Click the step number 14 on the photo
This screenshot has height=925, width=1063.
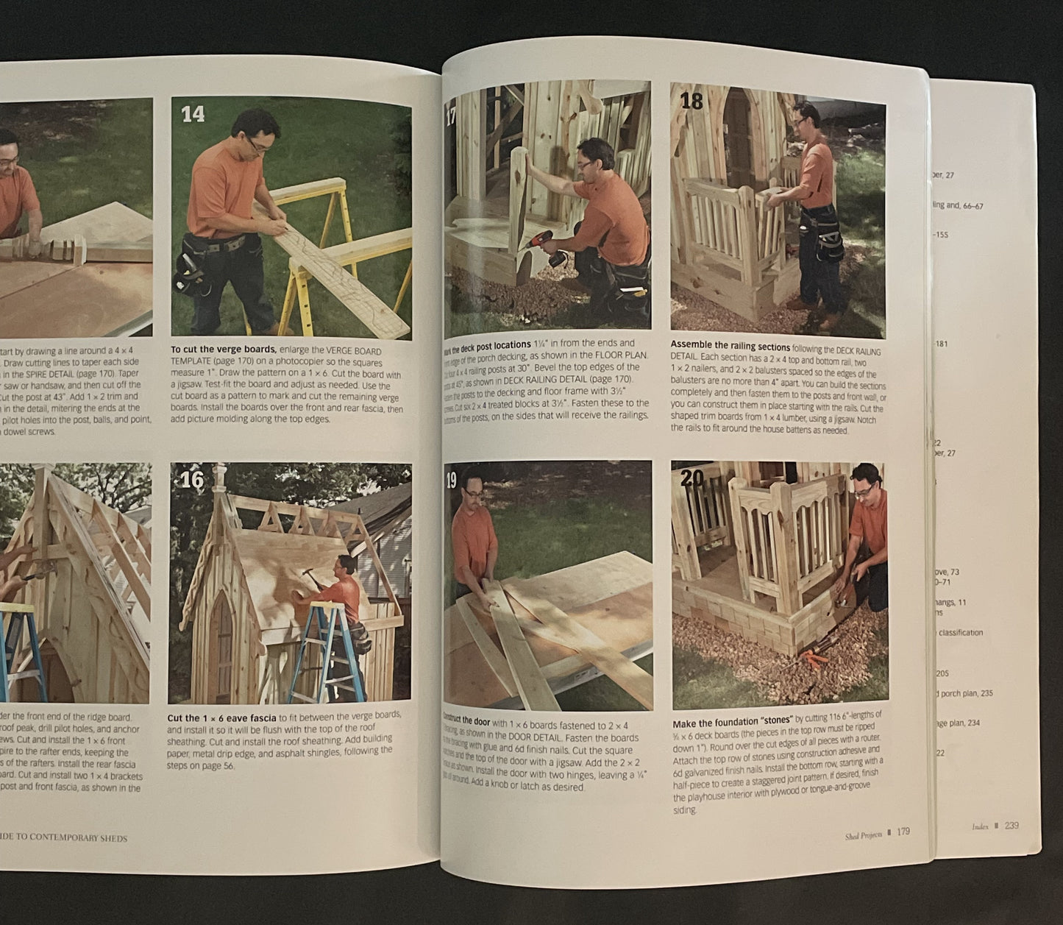[x=193, y=114]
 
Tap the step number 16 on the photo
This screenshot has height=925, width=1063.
[x=192, y=480]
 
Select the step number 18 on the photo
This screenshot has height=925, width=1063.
[x=692, y=101]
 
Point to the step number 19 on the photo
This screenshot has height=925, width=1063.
[x=451, y=481]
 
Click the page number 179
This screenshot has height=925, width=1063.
[x=903, y=832]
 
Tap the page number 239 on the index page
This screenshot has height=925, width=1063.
[x=1012, y=826]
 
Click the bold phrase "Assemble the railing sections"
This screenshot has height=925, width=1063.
[x=730, y=346]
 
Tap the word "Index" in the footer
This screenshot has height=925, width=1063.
[x=980, y=826]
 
